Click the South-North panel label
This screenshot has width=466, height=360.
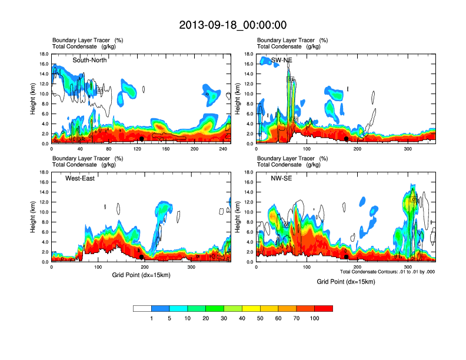[89, 60]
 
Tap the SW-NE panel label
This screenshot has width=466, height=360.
[281, 60]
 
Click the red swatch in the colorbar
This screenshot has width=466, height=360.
[324, 308]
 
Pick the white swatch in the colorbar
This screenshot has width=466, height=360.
[142, 308]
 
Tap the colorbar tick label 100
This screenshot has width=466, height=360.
[315, 318]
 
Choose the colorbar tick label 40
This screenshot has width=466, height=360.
[242, 318]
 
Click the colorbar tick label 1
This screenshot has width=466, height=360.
[152, 318]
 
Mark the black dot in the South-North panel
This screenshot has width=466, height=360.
[142, 139]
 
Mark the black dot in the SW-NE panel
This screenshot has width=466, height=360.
[347, 139]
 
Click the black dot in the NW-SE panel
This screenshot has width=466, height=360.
[347, 257]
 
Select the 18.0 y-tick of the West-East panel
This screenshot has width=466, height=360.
[44, 172]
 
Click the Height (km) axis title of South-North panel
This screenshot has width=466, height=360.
[34, 99]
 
